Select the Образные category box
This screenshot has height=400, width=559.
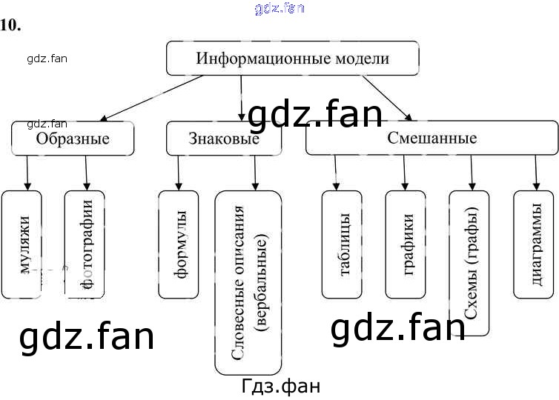tap(73, 139)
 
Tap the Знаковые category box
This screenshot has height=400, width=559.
tap(223, 139)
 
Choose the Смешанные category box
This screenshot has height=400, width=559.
tap(431, 139)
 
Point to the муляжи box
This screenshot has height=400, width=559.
tap(27, 244)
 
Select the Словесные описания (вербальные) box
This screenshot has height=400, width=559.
tap(248, 282)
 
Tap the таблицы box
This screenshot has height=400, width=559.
tap(342, 244)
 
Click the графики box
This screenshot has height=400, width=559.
tap(406, 244)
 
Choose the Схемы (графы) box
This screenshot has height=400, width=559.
tap(469, 262)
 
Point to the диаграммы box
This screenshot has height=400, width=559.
tap(534, 244)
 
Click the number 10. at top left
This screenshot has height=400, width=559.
tap(11, 25)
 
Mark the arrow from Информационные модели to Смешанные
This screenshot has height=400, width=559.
tap(386, 96)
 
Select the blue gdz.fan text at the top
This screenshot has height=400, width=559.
tap(279, 8)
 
